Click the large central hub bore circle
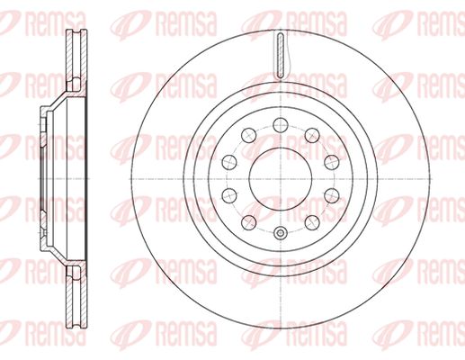coord(281,179)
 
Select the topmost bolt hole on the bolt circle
coord(281,125)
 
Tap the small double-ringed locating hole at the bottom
coord(281,232)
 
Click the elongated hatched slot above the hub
coord(281,56)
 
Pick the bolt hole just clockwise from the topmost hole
coord(312,135)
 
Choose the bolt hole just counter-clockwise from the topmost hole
coord(249,135)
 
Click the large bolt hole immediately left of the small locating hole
coord(249,222)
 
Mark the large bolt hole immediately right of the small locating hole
coord(312,222)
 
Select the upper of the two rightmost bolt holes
coord(332,162)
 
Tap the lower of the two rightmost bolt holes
coord(332,195)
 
